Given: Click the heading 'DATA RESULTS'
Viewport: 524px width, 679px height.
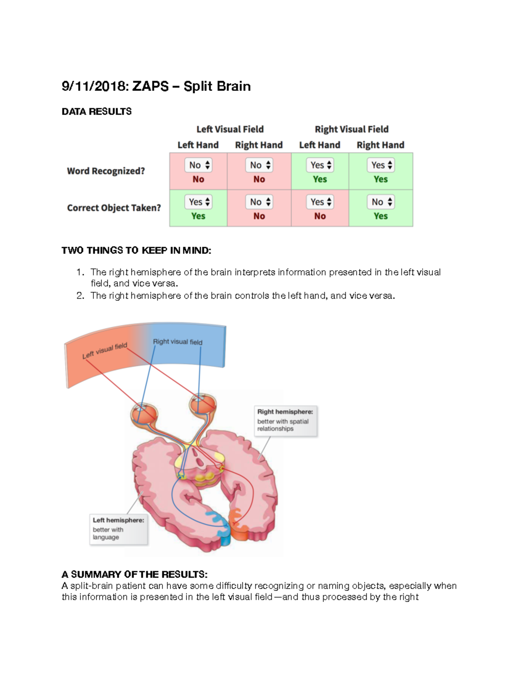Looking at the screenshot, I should (x=97, y=111).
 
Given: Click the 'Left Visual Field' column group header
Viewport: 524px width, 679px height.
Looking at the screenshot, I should (x=230, y=129).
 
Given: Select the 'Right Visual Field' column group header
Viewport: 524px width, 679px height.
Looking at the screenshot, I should (x=352, y=129).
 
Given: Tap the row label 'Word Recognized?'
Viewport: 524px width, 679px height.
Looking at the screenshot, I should (x=106, y=171).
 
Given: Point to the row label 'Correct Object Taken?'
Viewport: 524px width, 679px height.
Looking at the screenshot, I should (x=114, y=208).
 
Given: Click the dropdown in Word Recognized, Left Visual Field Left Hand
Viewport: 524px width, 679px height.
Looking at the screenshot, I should (x=199, y=165).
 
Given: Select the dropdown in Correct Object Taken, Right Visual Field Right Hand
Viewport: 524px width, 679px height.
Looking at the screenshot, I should (x=381, y=202).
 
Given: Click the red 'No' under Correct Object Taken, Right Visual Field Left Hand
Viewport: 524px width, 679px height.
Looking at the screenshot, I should (x=320, y=216).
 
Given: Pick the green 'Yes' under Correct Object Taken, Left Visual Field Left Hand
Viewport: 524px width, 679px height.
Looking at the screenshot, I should (x=198, y=216).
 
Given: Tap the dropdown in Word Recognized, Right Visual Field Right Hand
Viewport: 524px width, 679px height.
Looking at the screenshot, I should (x=381, y=165).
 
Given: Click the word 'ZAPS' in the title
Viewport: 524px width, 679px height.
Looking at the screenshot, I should (x=150, y=86).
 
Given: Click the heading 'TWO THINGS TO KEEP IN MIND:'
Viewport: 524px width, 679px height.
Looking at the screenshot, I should (x=136, y=251).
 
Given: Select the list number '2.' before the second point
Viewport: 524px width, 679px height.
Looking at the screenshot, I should (x=80, y=296).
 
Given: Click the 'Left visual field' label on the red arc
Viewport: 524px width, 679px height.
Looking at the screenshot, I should (x=105, y=351).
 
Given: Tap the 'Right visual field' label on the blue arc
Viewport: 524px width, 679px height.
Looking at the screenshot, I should (x=178, y=341).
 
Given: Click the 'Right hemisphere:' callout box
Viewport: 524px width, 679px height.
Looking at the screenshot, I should (x=285, y=420).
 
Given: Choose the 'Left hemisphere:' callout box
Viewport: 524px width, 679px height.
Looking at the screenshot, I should (x=118, y=529).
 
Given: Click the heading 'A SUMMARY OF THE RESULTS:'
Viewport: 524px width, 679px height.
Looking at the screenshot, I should (x=134, y=574).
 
